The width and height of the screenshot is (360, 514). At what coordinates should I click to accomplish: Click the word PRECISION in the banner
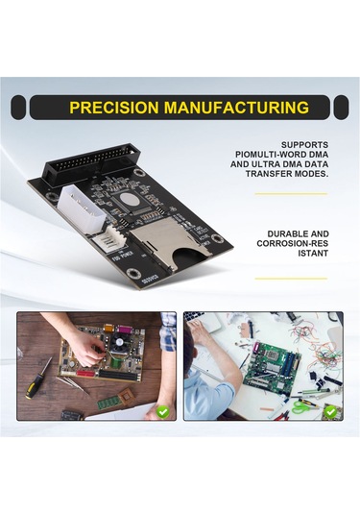114,108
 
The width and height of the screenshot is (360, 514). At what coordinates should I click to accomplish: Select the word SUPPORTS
304,145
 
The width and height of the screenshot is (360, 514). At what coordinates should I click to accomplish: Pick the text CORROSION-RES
293,244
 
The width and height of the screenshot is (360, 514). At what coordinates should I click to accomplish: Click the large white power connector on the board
83,209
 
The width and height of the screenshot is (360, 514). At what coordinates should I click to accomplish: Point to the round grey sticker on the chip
128,199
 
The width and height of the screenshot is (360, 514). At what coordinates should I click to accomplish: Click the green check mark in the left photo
163,412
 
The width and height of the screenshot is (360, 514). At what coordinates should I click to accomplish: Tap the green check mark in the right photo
330,412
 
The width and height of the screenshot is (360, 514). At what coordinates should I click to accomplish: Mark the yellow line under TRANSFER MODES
291,194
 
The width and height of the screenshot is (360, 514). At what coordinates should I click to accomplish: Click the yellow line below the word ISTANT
291,279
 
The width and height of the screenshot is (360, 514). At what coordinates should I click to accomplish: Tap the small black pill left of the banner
18,108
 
